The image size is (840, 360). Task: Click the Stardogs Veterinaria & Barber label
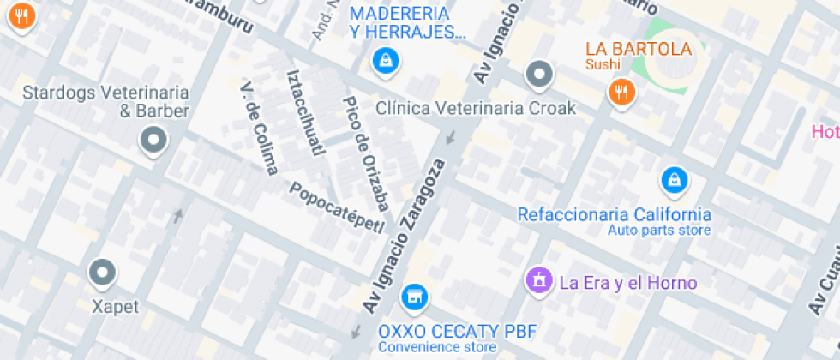coord(105,101)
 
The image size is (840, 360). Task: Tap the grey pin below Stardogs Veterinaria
coord(154,139)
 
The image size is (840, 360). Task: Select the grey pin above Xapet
coord(103,273)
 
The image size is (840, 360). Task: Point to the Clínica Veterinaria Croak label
coord(476,109)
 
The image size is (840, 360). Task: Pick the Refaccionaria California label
coord(614,214)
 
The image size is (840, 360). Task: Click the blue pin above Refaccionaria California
coord(675,180)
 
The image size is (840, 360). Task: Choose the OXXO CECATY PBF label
coord(437,332)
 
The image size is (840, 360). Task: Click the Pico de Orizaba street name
coord(366,153)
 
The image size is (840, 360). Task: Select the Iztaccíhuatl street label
coord(307,111)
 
